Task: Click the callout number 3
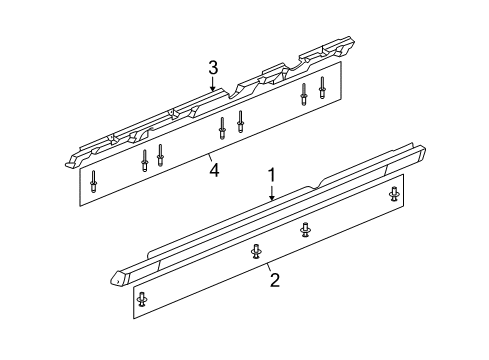pos(213,67)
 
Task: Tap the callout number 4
pos(214,170)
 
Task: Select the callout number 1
pos(272,175)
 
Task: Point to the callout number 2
pos(275,280)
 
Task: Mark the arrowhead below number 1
pos(272,198)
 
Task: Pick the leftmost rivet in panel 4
pos(93,181)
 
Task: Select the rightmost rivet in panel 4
pos(322,87)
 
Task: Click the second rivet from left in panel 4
pos(144,160)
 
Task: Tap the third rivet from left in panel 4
pos(160,155)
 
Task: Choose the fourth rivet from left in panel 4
pos(222,128)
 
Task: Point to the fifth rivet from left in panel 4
pos(240,121)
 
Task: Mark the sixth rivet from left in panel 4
pos(304,94)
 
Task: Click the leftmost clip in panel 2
pos(142,299)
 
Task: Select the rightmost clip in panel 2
pos(395,194)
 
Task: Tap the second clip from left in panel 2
pos(256,251)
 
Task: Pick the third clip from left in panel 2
pos(305,230)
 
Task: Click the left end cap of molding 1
pos(117,278)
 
